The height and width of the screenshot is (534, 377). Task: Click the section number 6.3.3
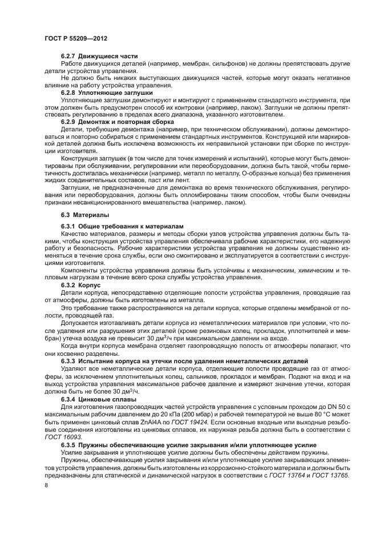(x=70, y=361)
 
